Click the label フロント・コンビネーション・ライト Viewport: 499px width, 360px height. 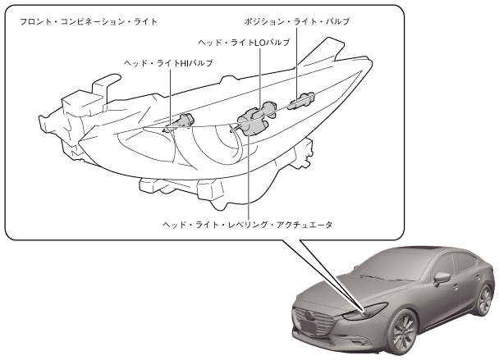[x=81, y=20]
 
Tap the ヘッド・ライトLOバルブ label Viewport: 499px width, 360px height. [x=244, y=41]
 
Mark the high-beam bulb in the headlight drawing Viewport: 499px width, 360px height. [x=181, y=121]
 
